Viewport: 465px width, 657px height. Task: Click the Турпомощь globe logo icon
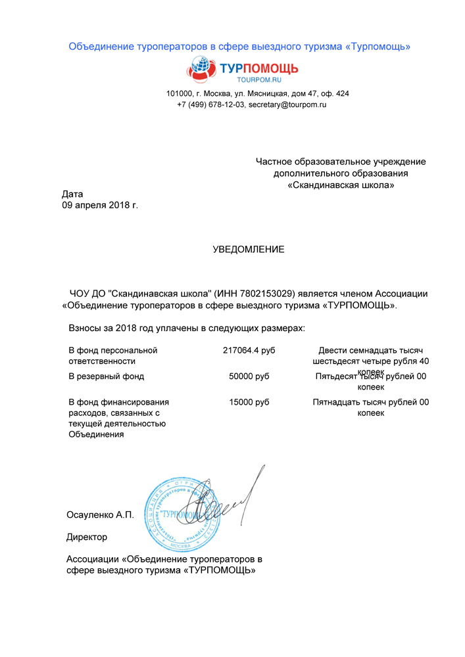point(200,68)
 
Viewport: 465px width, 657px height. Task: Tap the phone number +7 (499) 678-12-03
point(210,104)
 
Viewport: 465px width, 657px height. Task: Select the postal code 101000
point(180,93)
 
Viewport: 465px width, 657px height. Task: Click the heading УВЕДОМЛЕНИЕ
point(249,250)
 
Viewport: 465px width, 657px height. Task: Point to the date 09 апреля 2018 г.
point(100,206)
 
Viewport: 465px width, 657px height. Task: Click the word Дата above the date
point(72,194)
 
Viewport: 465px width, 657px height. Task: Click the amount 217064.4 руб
point(249,350)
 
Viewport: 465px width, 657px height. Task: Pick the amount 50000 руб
point(249,376)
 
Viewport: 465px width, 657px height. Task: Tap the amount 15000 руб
point(249,402)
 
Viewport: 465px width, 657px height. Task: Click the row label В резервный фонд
point(106,376)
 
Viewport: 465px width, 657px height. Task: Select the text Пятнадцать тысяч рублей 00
point(370,402)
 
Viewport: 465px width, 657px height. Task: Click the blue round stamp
point(170,514)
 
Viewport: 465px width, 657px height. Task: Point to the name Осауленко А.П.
point(100,515)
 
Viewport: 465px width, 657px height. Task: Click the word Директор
point(87,537)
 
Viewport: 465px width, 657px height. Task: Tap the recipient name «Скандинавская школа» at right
point(341,185)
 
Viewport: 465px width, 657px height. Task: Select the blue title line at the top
point(240,47)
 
